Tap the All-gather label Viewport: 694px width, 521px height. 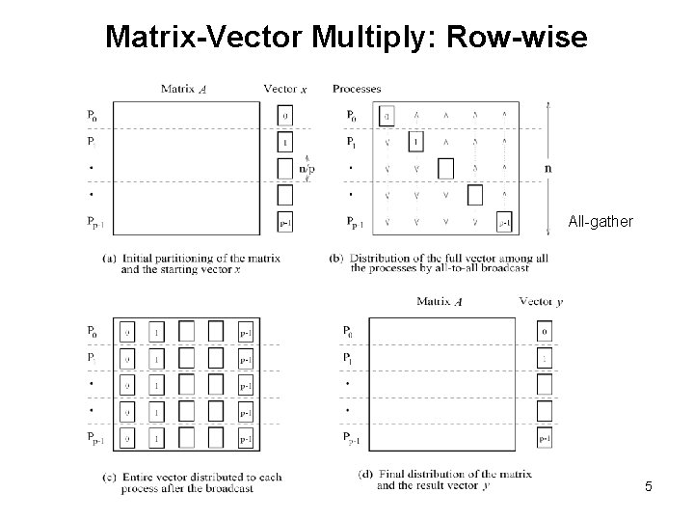pos(601,222)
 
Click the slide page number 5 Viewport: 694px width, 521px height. pos(649,486)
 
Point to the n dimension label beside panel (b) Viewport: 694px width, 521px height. pos(548,167)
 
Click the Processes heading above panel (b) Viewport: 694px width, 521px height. pos(356,89)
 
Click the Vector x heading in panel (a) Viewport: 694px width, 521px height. pos(285,89)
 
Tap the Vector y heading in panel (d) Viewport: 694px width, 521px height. pos(541,301)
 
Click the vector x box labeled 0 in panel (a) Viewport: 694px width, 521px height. pos(284,116)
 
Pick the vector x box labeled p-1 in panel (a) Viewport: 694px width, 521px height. pos(284,222)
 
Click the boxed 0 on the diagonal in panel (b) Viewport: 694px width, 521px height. pos(387,116)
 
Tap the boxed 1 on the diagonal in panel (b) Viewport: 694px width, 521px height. pos(415,143)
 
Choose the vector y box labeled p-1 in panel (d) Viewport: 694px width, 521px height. pos(545,439)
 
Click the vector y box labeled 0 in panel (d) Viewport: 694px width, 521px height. pos(545,332)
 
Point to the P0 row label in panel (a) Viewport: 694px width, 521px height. pos(92,115)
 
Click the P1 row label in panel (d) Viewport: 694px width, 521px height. pos(348,358)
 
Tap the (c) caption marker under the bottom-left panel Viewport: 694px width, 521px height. pos(106,478)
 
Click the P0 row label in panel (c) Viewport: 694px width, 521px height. pos(92,331)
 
